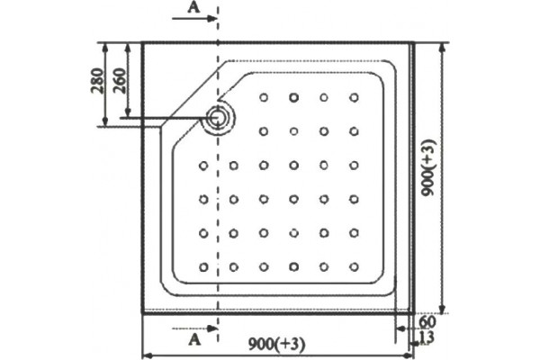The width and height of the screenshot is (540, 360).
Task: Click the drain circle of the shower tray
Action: coord(217,118)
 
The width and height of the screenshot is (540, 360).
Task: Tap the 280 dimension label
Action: coord(97,81)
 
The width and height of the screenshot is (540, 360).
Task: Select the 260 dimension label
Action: coord(120,81)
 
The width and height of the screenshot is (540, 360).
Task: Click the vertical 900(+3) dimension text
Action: coord(429,167)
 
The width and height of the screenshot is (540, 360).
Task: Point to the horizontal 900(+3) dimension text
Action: coord(277,344)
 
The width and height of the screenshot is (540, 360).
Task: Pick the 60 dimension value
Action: coord(427,322)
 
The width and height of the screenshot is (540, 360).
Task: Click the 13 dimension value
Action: coord(427,337)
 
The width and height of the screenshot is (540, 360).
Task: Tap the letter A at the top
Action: coord(193,7)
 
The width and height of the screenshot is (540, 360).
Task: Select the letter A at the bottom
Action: coord(195,340)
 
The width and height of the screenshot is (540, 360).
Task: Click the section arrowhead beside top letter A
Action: coord(211,18)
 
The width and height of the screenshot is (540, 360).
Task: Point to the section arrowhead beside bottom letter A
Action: coord(212,328)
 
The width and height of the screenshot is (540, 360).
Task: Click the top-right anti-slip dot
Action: coord(354,97)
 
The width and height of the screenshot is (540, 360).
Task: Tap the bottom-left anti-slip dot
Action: coord(203,267)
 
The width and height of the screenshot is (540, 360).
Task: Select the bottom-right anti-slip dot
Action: coord(354,267)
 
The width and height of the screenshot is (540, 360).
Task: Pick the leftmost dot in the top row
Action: coord(264,97)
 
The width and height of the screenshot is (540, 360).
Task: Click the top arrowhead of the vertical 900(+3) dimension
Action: coord(443,48)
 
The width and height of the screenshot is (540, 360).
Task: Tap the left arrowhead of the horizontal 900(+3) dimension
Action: coord(148,355)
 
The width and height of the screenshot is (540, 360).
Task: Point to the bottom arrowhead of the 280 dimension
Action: coord(105,121)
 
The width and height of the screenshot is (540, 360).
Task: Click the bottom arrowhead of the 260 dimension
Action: coord(128,112)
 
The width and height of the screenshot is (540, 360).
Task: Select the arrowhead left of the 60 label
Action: coord(400,328)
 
